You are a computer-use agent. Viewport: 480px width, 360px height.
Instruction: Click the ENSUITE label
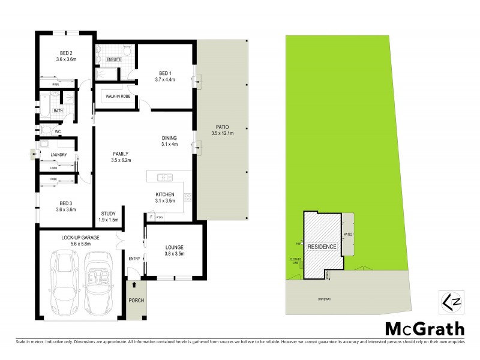pos(113,60)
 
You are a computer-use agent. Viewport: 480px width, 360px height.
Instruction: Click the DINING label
pos(170,137)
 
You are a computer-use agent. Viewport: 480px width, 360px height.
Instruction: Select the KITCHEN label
pos(164,195)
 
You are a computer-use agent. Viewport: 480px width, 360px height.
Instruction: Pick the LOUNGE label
pos(173,247)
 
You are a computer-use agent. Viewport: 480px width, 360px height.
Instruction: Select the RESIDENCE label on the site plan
pos(322,247)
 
